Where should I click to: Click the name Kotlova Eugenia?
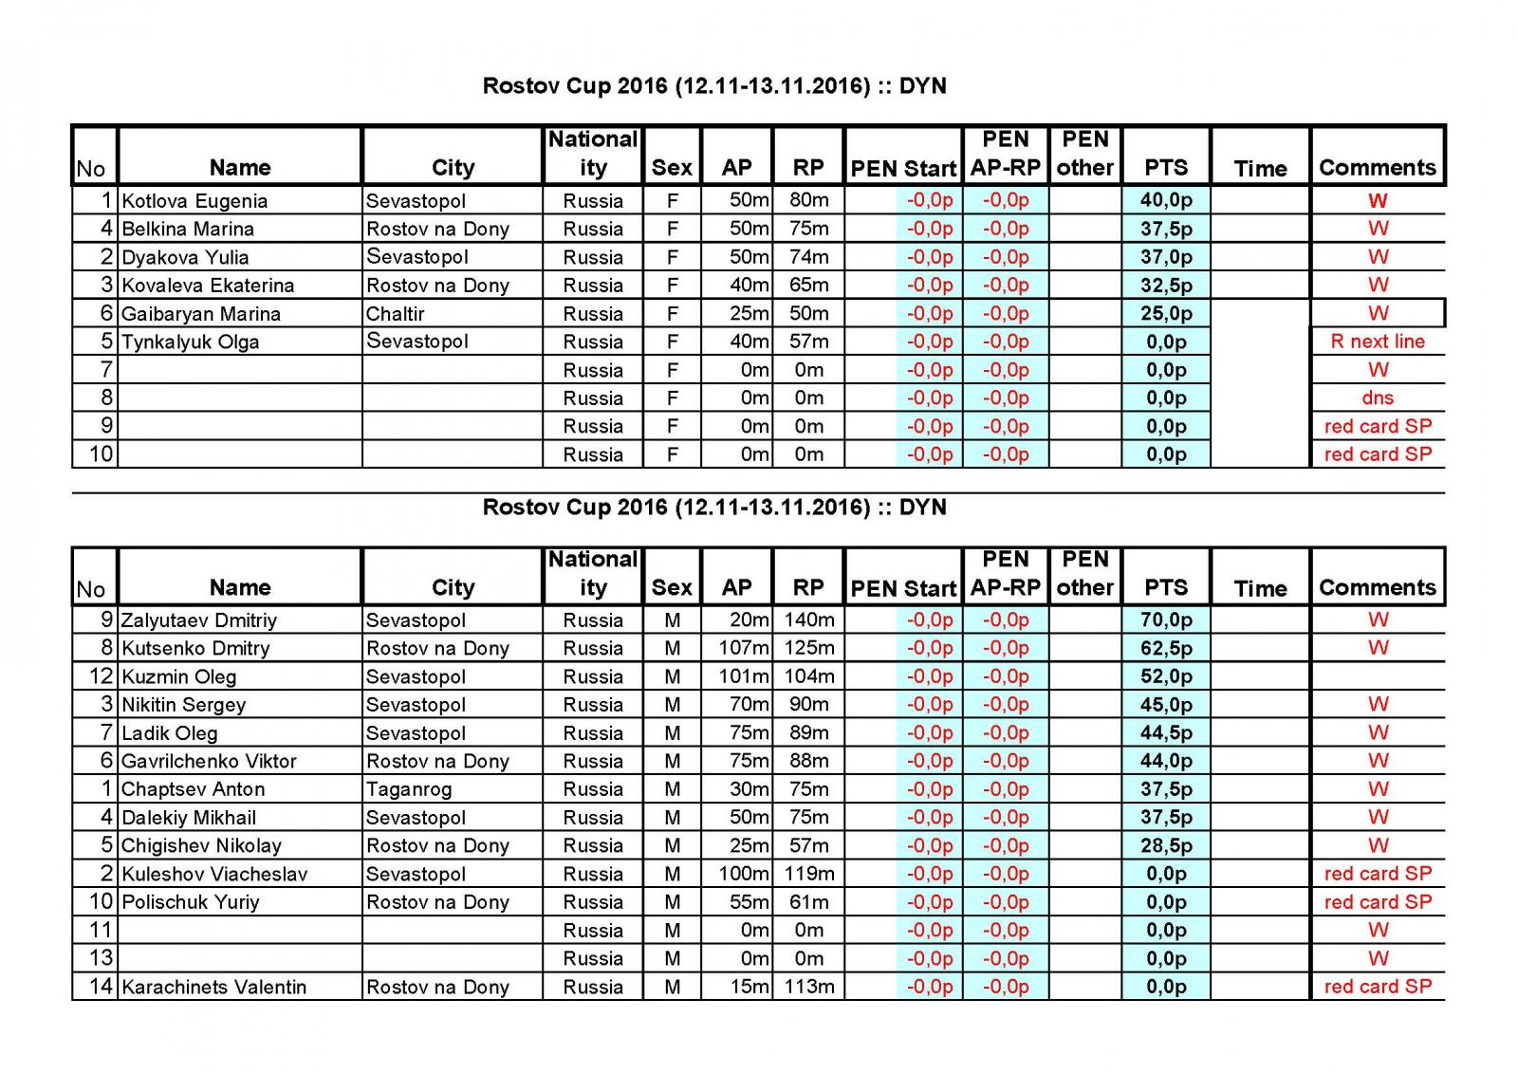(194, 201)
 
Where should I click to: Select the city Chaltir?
(396, 314)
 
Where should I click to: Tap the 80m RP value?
(808, 200)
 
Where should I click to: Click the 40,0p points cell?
(1166, 200)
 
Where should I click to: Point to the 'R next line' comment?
(1378, 342)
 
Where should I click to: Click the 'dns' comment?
(1378, 398)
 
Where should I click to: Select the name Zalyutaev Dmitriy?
(199, 620)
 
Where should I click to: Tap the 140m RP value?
(808, 620)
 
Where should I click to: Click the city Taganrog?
(409, 789)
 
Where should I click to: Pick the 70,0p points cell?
(1166, 620)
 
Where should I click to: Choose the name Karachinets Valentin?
(214, 987)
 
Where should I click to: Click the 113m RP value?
(808, 987)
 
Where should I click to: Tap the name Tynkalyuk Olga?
(191, 342)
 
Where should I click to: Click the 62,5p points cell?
(1166, 649)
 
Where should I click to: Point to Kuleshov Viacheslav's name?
(214, 874)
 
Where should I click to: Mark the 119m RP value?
(808, 874)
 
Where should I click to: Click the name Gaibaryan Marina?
(201, 314)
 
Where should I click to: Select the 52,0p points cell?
(1166, 676)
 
